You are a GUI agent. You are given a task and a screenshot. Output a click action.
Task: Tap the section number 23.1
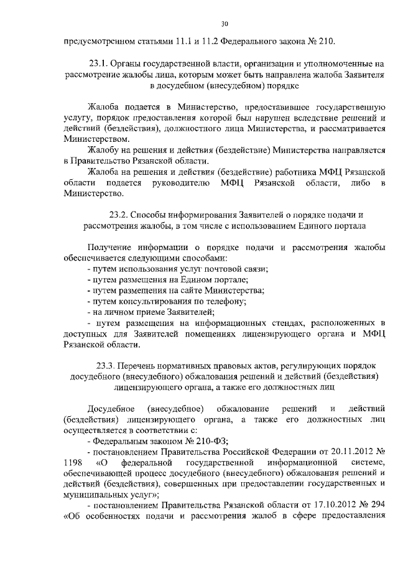pos(100,63)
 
